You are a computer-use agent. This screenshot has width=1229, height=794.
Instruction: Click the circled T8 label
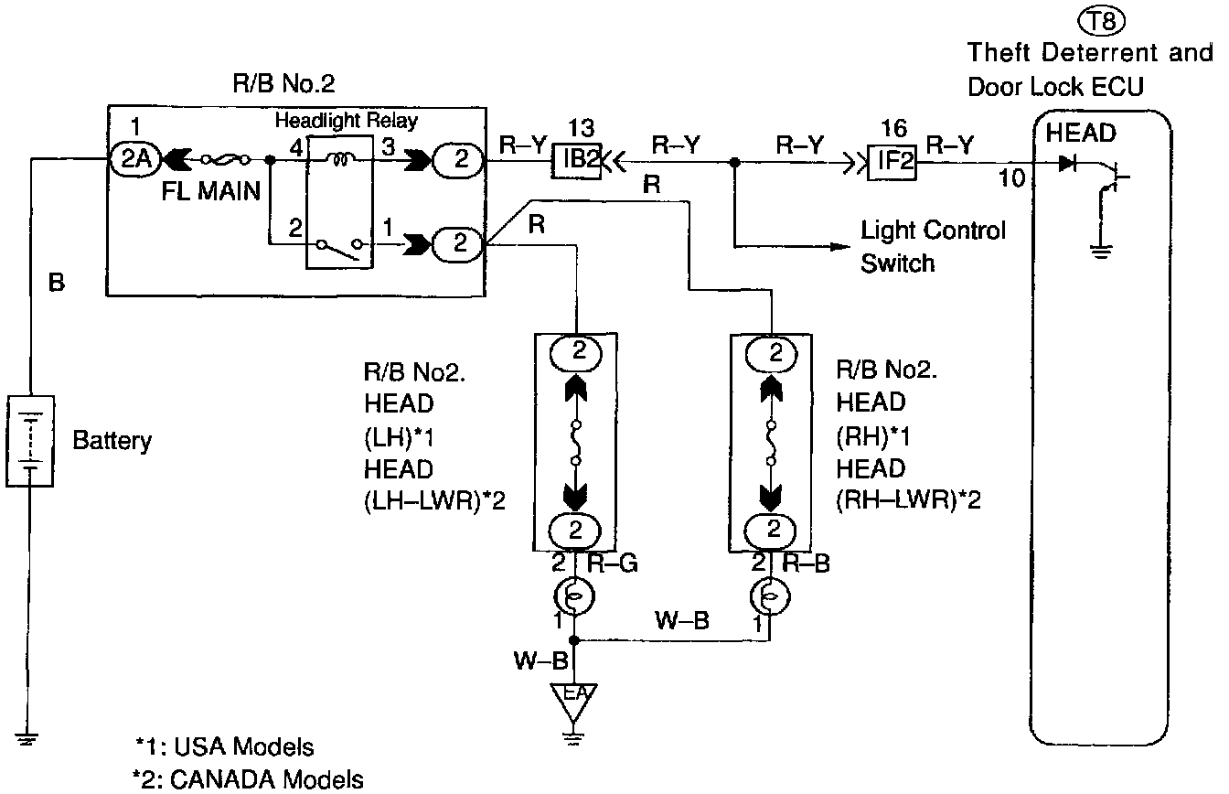pos(1089,19)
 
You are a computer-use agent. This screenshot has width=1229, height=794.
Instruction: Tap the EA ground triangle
pos(573,698)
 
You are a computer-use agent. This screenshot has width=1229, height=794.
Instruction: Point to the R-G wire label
pos(612,563)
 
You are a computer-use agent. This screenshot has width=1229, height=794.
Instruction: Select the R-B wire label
pos(807,563)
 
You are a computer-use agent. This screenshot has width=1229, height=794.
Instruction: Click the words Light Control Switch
pos(932,247)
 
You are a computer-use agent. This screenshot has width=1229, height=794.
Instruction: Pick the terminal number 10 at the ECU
pos(1011,178)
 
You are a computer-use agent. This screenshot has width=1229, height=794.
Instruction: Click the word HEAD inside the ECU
pos(1081,134)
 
